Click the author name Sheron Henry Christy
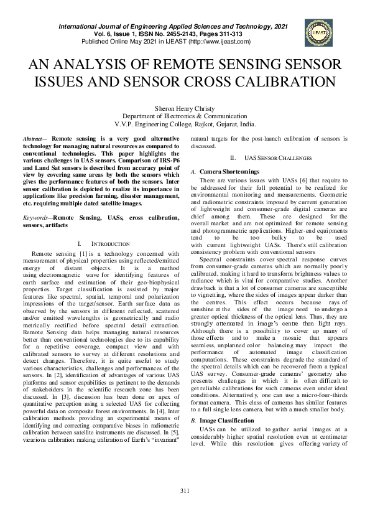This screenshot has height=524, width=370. [185, 108]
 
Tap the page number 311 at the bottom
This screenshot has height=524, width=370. [185, 509]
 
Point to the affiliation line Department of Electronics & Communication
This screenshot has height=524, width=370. [185, 116]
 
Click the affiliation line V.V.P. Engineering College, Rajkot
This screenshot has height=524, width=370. [185, 124]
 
